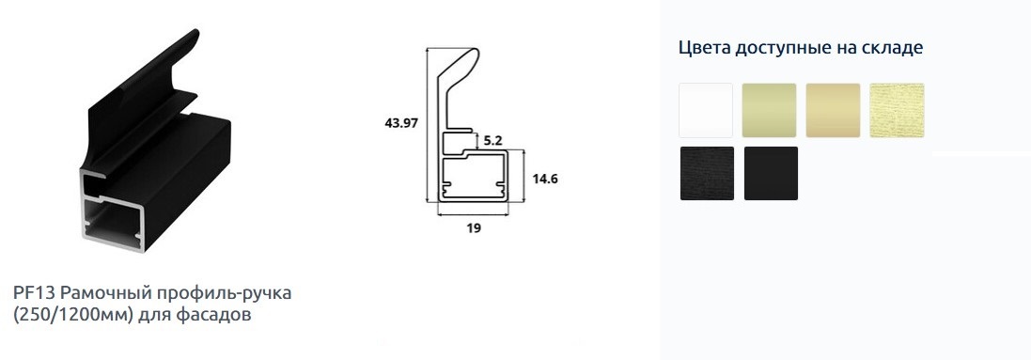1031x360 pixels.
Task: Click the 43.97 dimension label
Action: coord(401,123)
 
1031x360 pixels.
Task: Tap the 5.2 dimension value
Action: coord(492,140)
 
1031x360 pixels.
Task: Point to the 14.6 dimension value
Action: coord(545,179)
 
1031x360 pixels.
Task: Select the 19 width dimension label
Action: coord(474,228)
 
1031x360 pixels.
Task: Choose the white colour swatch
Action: coord(706,111)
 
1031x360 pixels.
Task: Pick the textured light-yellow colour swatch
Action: coord(897,111)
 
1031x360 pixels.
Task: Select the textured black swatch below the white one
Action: coord(707,173)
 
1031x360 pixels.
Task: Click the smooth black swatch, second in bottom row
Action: coord(771,173)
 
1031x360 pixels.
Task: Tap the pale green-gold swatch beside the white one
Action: coord(770,111)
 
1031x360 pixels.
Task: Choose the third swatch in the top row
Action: coord(833,111)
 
